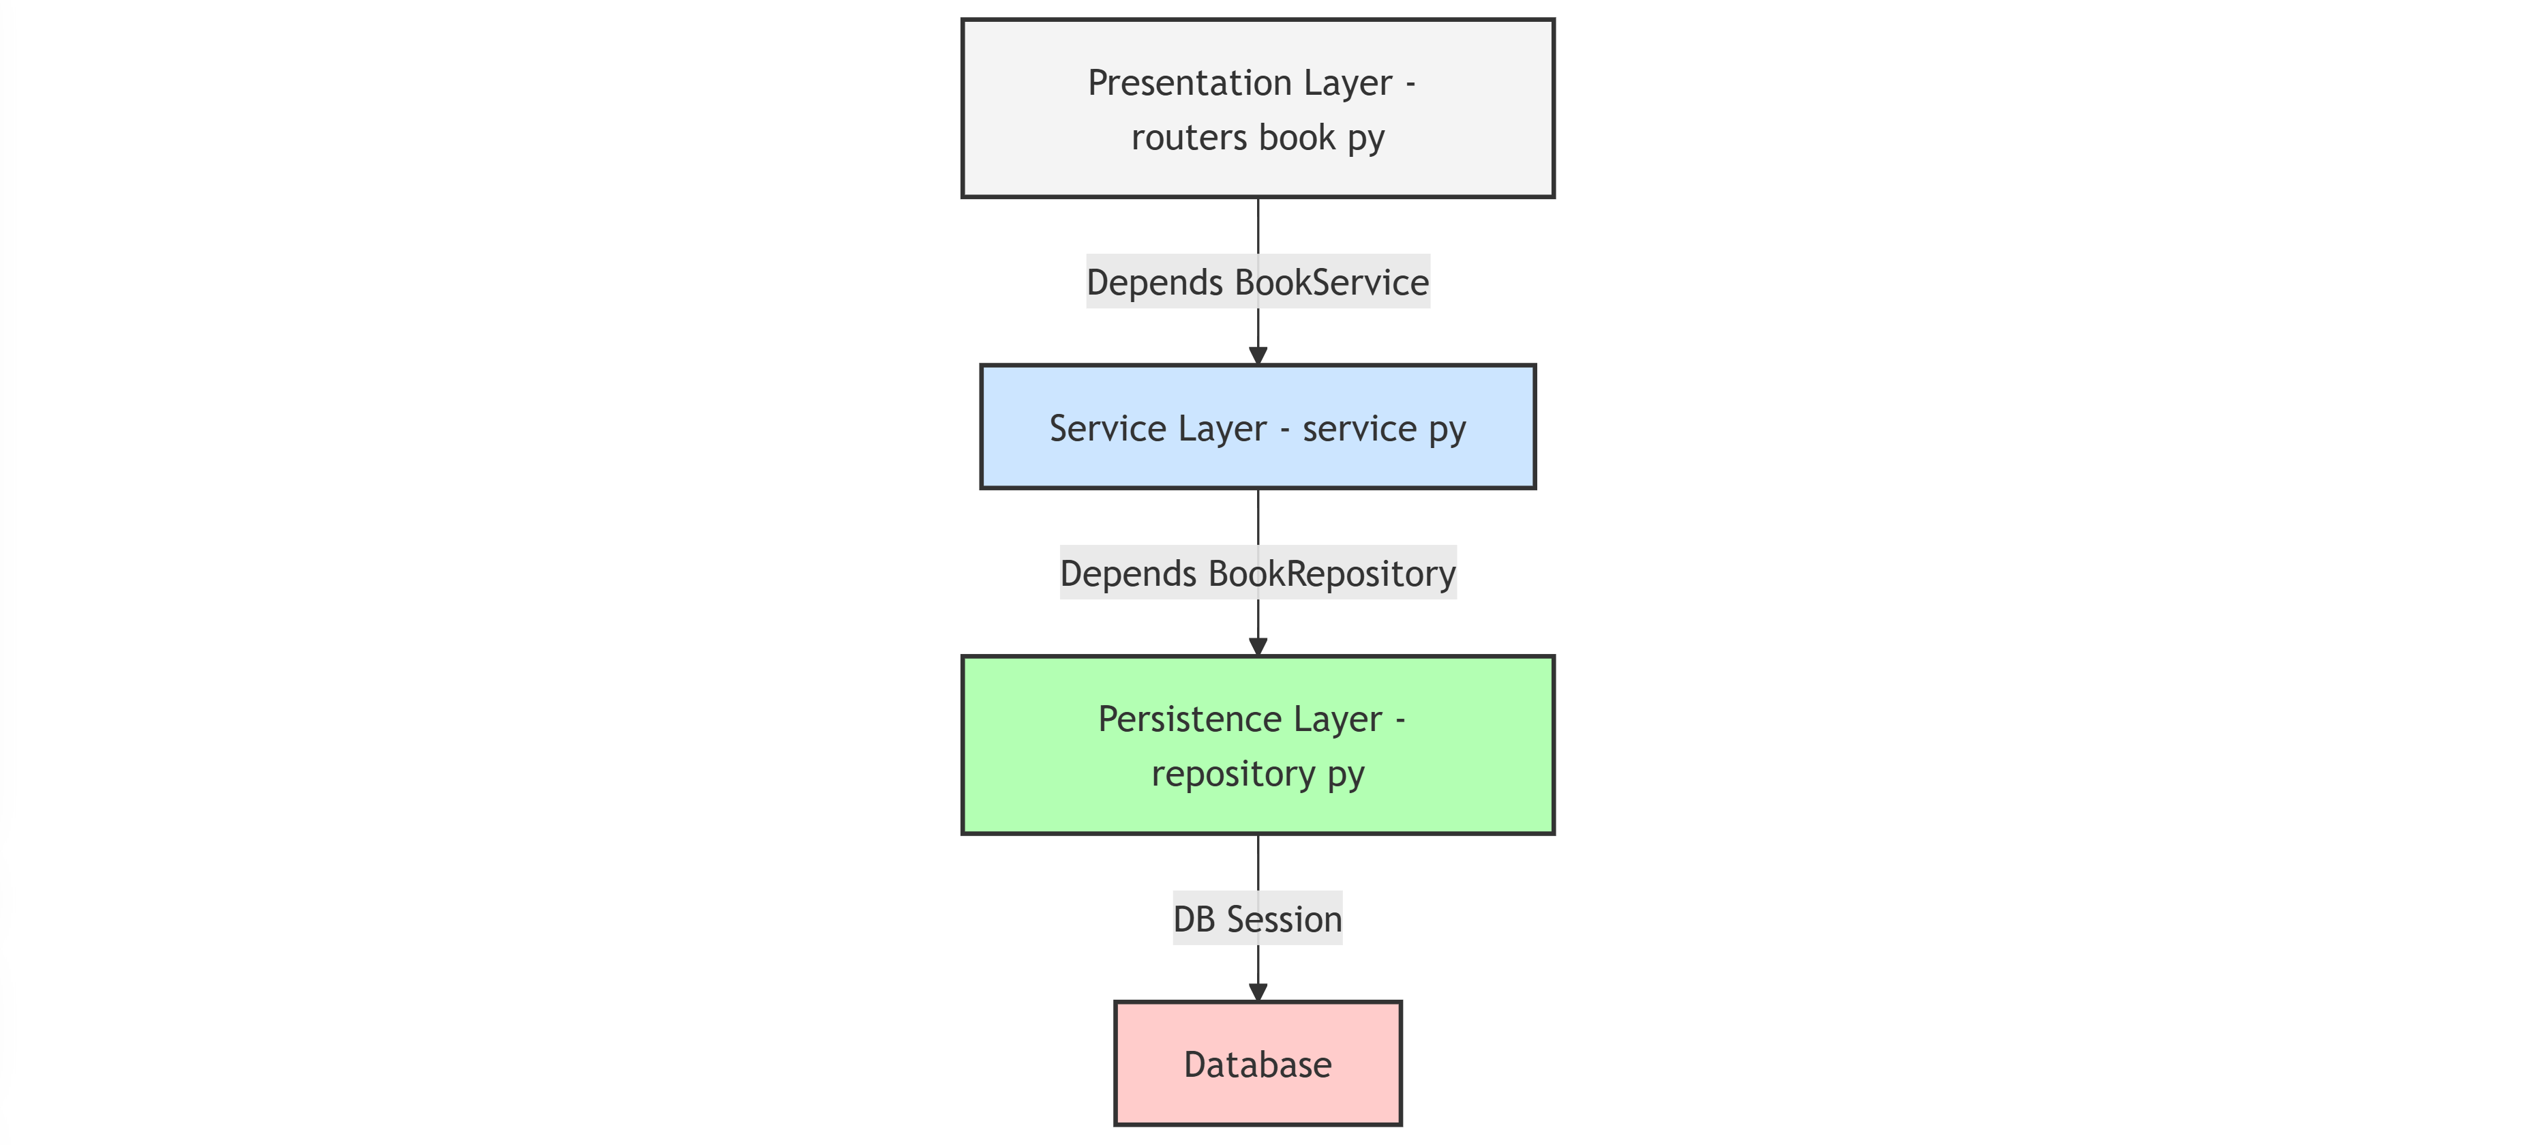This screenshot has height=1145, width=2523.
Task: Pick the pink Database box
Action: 1258,1065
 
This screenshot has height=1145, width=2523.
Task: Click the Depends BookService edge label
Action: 1258,282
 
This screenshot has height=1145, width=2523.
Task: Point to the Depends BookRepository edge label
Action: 1258,573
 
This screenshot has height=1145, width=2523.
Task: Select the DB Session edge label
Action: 1258,919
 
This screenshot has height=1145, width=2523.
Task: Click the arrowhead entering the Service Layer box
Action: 1258,355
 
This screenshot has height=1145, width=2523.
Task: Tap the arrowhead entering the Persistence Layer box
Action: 1258,646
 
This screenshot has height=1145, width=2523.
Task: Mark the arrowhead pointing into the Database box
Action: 1258,992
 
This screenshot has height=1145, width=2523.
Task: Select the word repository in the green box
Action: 1233,775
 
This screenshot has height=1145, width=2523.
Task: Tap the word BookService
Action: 1332,282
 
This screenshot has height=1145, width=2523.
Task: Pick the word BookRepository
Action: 1332,573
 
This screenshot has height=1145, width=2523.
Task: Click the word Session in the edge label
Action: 1284,919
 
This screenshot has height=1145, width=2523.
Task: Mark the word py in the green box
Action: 1346,775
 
